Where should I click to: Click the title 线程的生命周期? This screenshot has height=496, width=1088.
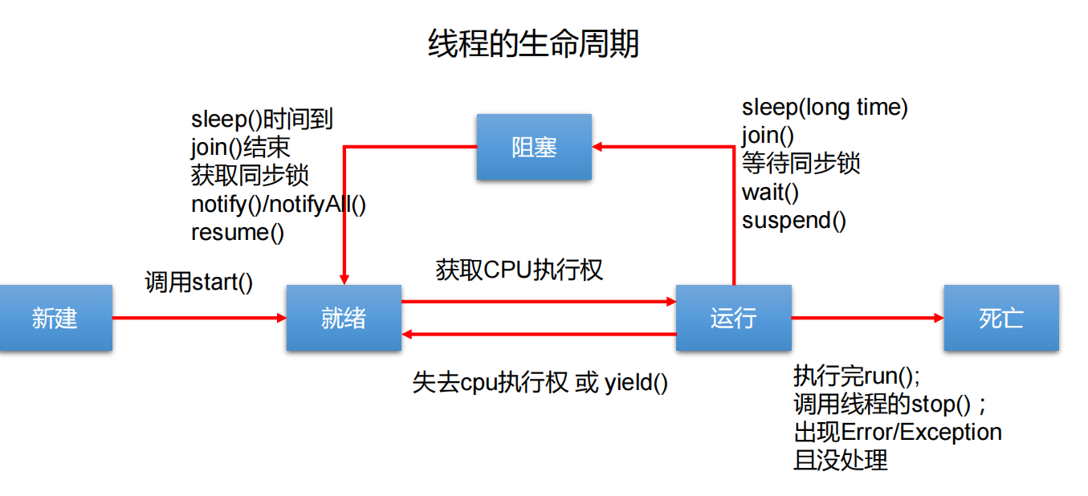[533, 43]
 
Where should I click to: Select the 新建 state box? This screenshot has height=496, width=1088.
[55, 318]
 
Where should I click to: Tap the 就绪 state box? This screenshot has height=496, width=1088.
[344, 318]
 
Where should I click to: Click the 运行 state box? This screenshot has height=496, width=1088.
[733, 318]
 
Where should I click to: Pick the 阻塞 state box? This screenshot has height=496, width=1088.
[534, 147]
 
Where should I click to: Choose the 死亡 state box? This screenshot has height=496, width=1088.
[1000, 318]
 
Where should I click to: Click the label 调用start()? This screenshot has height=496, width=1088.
[198, 283]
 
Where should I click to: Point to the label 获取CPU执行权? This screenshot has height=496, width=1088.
[519, 270]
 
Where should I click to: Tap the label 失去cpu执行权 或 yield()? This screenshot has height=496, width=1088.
[540, 383]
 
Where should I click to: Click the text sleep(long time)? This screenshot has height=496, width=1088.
[825, 107]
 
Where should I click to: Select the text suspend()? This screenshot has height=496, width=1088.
[793, 220]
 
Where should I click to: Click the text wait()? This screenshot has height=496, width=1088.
[770, 192]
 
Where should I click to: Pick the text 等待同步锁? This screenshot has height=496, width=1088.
[801, 163]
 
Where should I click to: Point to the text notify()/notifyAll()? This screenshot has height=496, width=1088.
[278, 204]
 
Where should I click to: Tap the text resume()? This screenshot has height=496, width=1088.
[237, 232]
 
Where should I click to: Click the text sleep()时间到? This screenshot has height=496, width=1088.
[262, 120]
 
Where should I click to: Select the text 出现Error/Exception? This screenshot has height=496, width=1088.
[897, 432]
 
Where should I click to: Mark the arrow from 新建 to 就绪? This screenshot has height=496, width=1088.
[199, 318]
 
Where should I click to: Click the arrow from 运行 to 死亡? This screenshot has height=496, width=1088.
[867, 318]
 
